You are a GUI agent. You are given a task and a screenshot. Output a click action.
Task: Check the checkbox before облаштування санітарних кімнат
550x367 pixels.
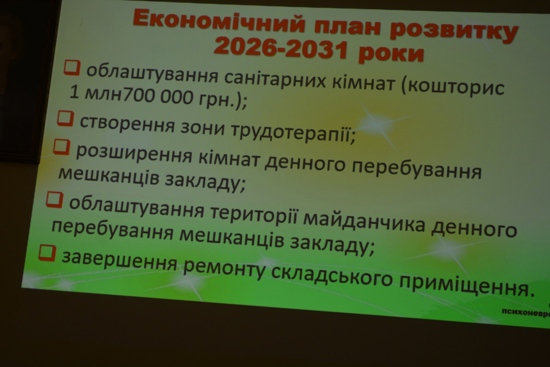(72, 67)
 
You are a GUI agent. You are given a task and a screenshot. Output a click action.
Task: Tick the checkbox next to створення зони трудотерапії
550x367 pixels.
(65, 118)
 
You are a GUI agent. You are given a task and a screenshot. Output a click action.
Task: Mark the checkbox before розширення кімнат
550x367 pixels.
(61, 147)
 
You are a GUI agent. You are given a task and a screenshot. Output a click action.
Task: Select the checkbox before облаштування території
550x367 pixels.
(54, 200)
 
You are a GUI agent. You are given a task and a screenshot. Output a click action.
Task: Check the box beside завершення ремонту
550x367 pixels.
(46, 253)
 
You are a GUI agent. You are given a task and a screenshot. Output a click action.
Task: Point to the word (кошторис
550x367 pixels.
(453, 87)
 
